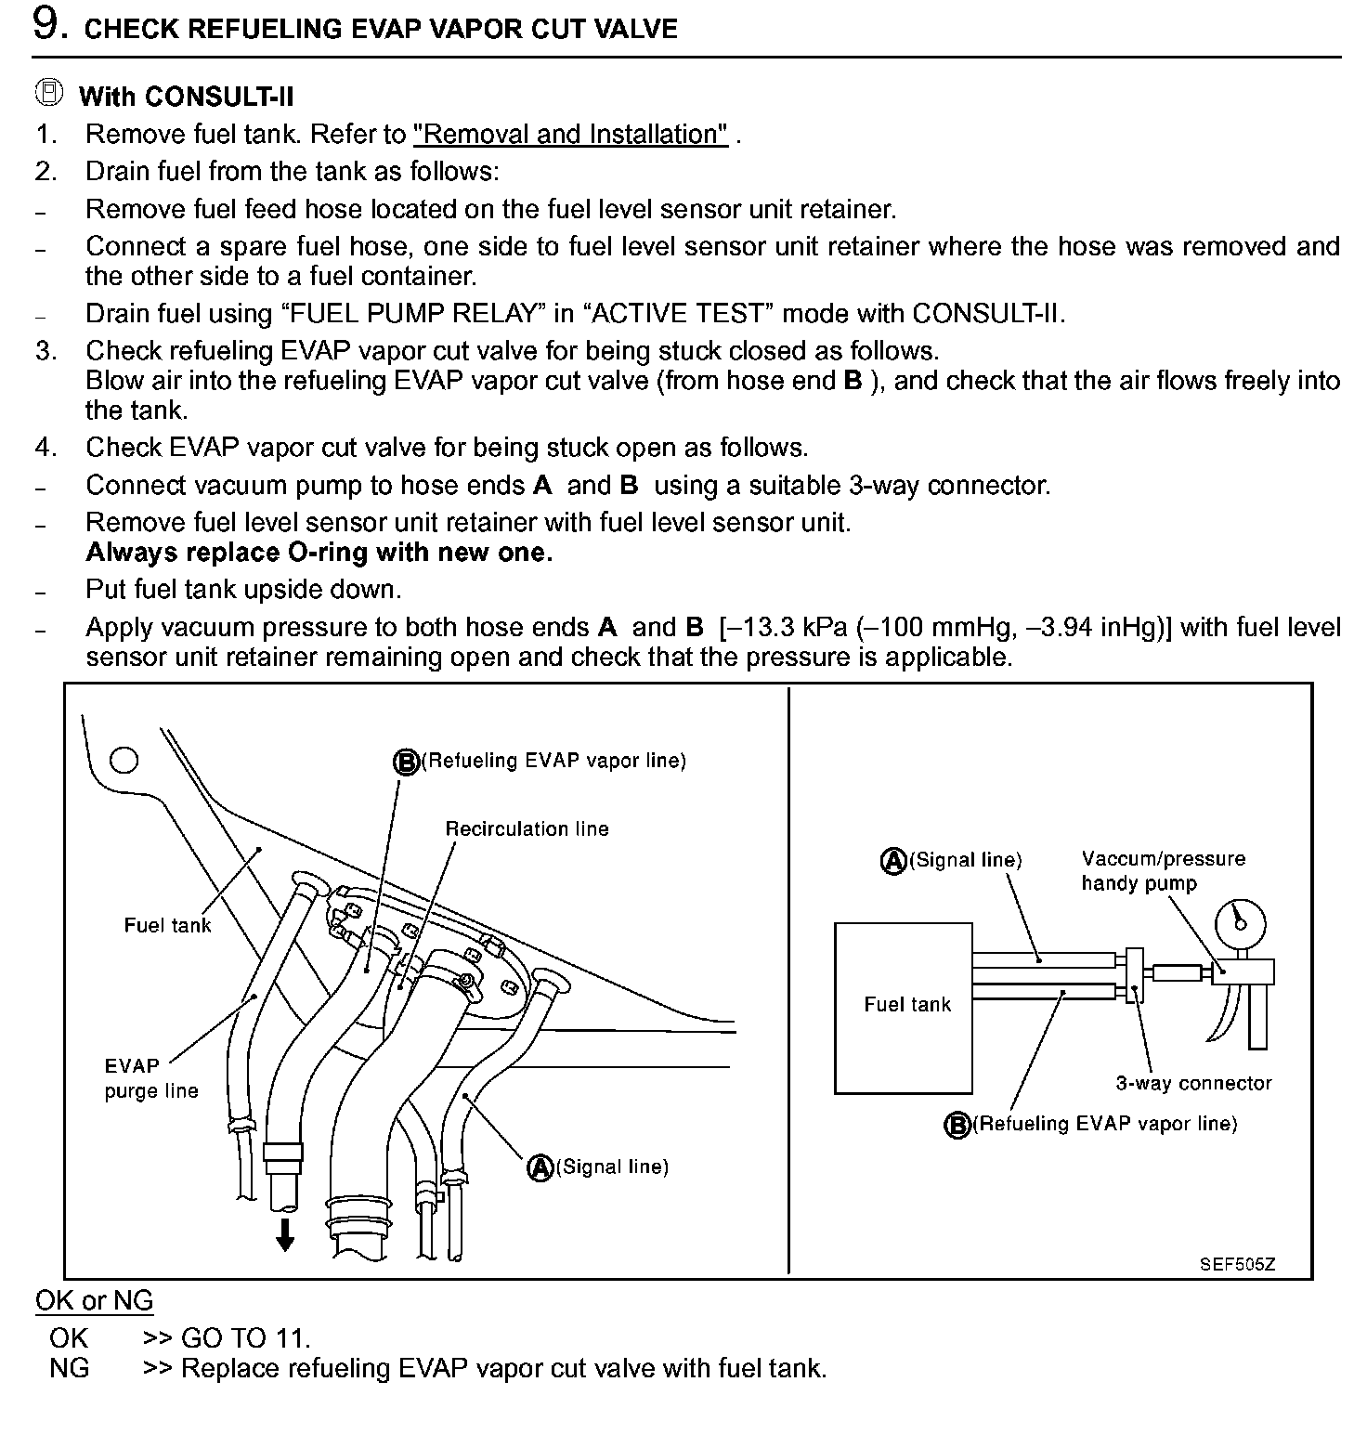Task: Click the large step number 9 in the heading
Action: tap(48, 25)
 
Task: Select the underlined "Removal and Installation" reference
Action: tap(570, 135)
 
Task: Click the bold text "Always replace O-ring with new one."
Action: tap(319, 553)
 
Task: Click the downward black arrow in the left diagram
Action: tap(285, 1234)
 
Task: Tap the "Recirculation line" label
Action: tap(527, 828)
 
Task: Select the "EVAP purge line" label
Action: tap(150, 1077)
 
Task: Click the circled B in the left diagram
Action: tap(406, 763)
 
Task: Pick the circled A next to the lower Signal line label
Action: tap(540, 1167)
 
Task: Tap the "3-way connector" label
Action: tap(1193, 1083)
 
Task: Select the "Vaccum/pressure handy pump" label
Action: tap(1163, 870)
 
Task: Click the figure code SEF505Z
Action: tap(1237, 1264)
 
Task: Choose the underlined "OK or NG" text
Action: tap(94, 1301)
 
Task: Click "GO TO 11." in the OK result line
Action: tap(245, 1338)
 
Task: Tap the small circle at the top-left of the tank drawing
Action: tap(124, 760)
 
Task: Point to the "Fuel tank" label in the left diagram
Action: tap(167, 925)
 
